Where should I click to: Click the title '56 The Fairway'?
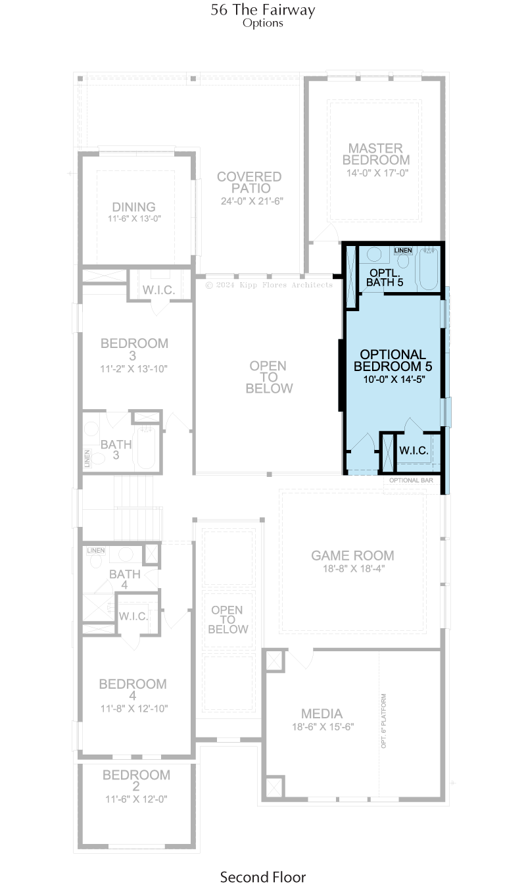(263, 10)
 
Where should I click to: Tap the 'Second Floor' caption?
(263, 878)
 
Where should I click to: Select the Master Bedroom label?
(376, 154)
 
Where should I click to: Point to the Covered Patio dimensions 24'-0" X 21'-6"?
(252, 201)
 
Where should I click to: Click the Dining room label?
(133, 207)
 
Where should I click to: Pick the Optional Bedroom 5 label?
(393, 360)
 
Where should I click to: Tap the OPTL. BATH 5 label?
(385, 278)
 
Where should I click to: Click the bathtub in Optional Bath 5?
(429, 269)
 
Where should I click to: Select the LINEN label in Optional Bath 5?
(403, 251)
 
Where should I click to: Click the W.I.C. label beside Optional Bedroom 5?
(414, 451)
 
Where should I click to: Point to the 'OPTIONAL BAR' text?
(411, 480)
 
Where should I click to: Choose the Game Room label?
(352, 555)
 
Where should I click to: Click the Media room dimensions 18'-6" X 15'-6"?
(323, 727)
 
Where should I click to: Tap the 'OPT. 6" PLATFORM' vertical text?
(383, 721)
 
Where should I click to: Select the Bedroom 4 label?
(133, 689)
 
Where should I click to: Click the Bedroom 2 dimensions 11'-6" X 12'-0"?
(136, 799)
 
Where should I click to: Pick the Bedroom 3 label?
(134, 349)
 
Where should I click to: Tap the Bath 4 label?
(124, 580)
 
